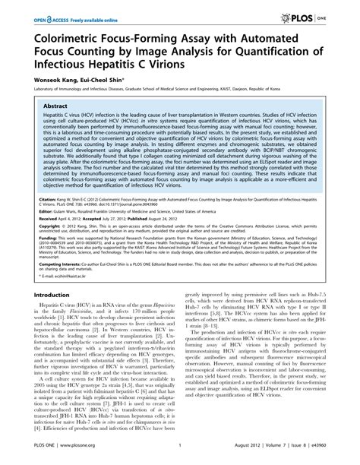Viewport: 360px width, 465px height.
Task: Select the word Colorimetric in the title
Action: (73, 37)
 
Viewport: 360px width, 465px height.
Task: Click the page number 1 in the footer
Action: (179, 449)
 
